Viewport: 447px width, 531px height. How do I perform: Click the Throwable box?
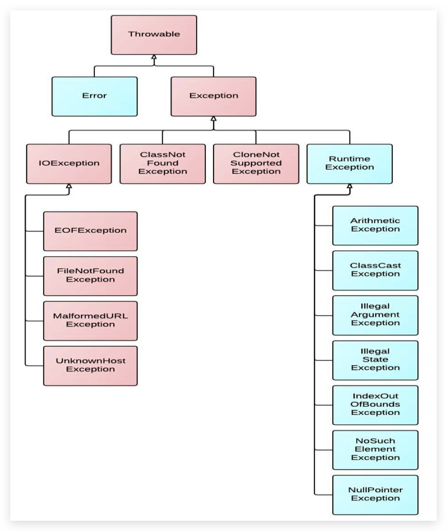[154, 35]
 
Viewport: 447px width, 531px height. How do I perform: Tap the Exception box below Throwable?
[213, 96]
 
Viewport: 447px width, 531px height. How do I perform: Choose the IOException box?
[69, 164]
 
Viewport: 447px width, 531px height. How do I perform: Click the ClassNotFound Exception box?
[163, 164]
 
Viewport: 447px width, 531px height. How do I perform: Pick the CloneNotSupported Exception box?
[256, 164]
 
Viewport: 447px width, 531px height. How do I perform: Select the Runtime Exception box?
[350, 164]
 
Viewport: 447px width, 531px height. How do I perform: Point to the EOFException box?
[91, 231]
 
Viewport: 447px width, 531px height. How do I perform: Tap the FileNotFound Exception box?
[91, 276]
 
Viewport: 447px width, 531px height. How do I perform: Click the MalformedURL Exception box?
[91, 321]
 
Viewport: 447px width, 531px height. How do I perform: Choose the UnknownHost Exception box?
[91, 365]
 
